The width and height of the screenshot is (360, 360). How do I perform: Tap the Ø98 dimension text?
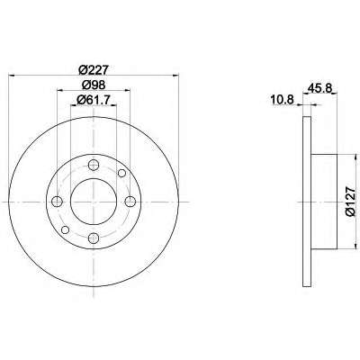[x=94, y=85]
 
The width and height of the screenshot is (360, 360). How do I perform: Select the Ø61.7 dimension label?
[x=94, y=100]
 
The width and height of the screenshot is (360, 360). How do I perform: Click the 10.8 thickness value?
[x=282, y=99]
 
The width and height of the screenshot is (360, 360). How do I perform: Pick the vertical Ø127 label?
[x=350, y=202]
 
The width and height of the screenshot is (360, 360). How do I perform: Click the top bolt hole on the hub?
[x=94, y=165]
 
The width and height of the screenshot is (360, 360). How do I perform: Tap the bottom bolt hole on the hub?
[x=94, y=238]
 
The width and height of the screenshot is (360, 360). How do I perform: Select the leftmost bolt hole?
[x=57, y=202]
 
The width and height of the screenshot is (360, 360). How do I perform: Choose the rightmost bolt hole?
[x=130, y=202]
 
